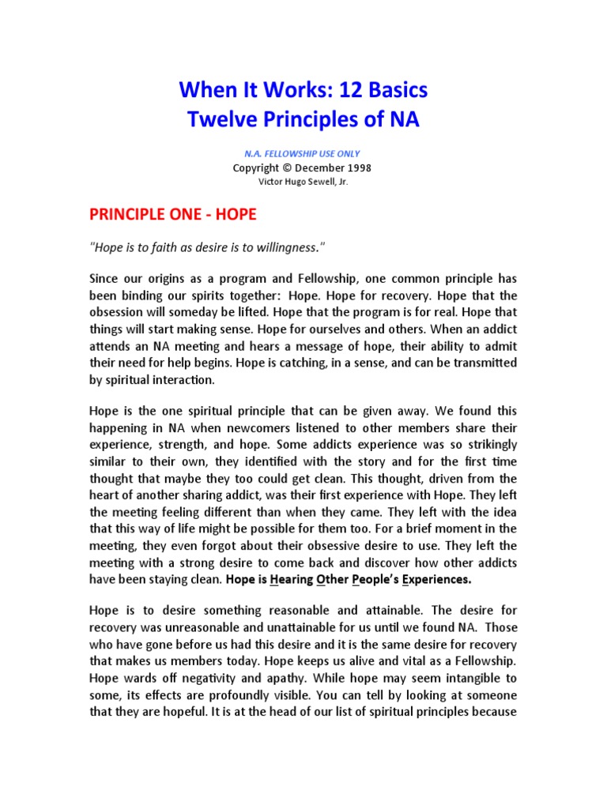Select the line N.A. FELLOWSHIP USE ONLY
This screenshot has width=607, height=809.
(x=303, y=154)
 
